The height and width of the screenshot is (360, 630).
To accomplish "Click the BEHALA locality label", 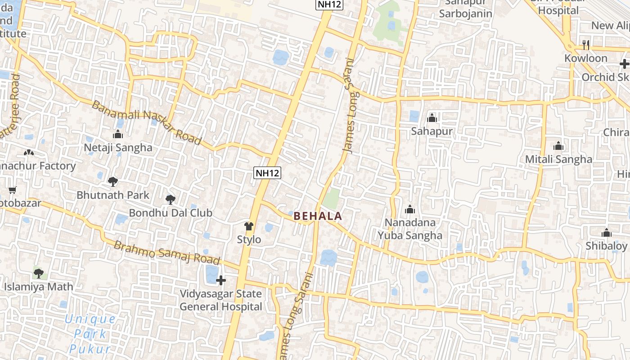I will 318,216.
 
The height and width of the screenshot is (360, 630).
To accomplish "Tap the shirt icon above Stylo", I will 249,226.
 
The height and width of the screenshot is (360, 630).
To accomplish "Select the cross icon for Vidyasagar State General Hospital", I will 221,280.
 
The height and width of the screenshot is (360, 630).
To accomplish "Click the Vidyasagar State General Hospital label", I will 221,300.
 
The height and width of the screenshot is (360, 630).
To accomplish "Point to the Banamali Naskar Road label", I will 147,122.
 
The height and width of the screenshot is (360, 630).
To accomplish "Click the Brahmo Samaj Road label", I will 166,253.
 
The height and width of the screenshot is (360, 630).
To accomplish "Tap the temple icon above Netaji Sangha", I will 118,134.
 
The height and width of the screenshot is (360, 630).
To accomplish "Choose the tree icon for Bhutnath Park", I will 112,182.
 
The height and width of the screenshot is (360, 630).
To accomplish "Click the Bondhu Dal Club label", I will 171,213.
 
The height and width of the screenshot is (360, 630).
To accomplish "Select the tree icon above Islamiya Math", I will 39,273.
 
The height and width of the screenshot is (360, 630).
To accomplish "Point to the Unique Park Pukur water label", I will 90,334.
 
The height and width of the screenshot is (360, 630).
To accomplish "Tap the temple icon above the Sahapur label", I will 432,118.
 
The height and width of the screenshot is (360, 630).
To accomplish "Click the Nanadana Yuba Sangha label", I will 410,229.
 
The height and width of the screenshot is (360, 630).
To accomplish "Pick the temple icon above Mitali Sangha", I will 558,146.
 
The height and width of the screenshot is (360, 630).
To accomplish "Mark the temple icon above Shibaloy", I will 607,233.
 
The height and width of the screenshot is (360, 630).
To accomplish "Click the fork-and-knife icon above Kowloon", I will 585,45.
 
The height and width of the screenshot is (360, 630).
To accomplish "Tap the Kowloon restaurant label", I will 586,58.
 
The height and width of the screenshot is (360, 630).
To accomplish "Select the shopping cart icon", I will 13,190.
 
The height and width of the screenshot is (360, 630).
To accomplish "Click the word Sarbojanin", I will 466,13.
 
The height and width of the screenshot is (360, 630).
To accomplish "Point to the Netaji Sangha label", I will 118,148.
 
